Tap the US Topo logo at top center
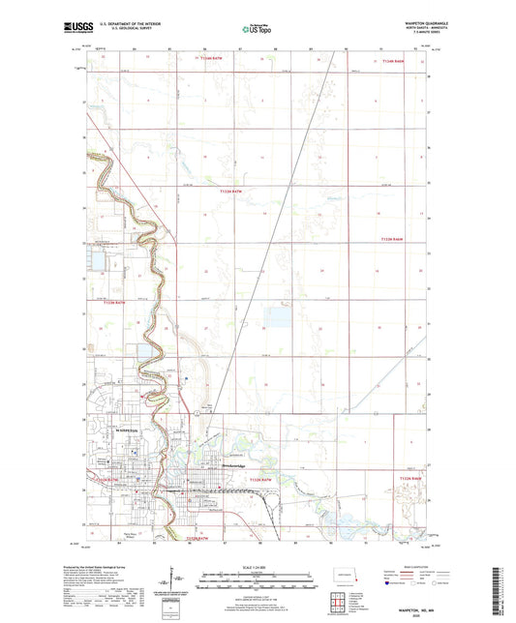(257, 30)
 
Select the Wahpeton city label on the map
(128, 430)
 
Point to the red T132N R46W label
(413, 477)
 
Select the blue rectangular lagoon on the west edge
(98, 258)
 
